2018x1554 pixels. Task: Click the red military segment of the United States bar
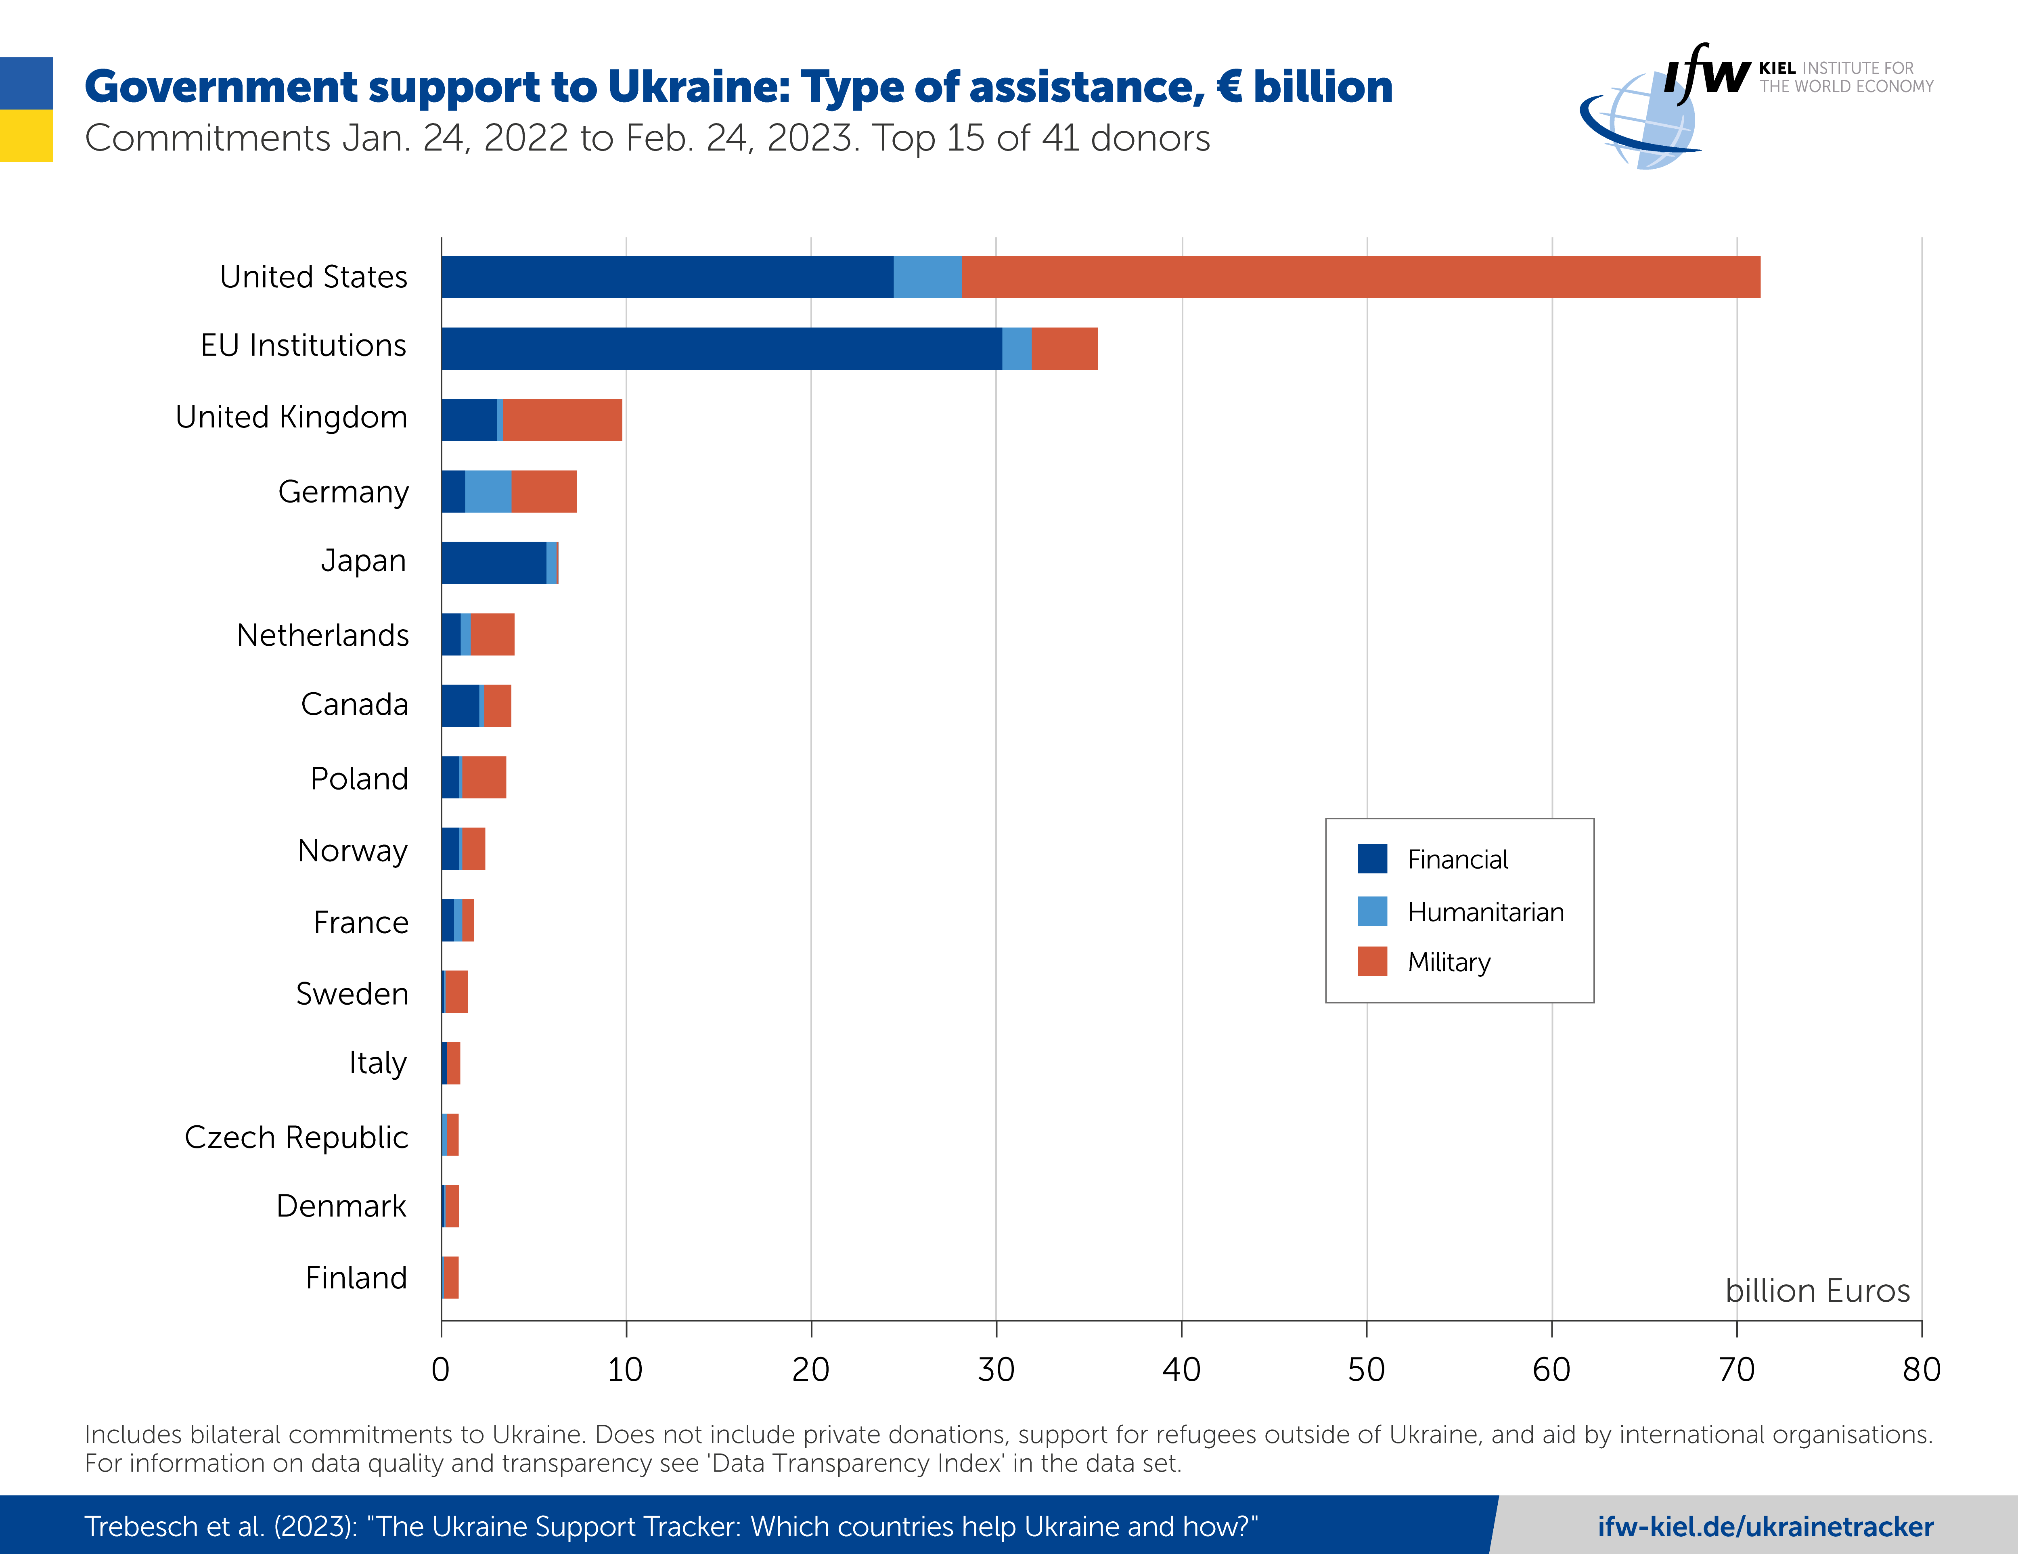click(x=1360, y=277)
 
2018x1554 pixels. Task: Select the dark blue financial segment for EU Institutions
click(x=721, y=348)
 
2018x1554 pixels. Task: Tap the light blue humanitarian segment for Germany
click(x=488, y=492)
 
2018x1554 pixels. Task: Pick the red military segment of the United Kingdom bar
click(x=563, y=420)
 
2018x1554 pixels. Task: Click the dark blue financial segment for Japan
click(x=494, y=563)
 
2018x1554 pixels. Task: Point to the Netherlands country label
click(x=322, y=636)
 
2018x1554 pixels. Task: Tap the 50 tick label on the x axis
click(x=1366, y=1369)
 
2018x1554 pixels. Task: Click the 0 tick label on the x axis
click(x=441, y=1369)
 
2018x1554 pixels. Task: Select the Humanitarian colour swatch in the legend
click(x=1372, y=911)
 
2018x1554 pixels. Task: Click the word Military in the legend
click(x=1449, y=963)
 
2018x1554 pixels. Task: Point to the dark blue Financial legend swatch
click(x=1372, y=858)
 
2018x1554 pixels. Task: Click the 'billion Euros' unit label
click(x=1817, y=1291)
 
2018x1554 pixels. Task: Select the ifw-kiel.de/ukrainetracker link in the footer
click(x=1765, y=1526)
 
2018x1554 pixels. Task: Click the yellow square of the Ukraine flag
click(x=26, y=136)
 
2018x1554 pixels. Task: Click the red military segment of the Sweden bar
click(x=456, y=992)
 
